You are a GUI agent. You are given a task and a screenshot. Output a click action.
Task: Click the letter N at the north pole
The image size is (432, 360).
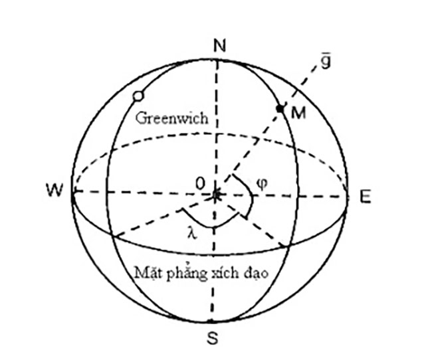pos(219,46)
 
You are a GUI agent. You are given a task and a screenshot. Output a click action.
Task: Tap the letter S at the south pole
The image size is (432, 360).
pos(213,337)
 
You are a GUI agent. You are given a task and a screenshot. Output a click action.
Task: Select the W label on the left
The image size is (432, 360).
pos(54,190)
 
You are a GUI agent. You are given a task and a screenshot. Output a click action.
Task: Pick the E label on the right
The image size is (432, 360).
pos(366,197)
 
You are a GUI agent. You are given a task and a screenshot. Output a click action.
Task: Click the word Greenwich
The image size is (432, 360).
pos(171,118)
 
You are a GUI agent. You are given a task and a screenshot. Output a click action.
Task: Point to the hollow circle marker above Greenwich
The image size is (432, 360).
pos(138,96)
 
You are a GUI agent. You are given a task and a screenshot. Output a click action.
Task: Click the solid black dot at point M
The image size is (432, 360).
pos(280,108)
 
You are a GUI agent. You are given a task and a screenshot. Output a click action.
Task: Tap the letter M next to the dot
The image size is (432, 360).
pos(298,113)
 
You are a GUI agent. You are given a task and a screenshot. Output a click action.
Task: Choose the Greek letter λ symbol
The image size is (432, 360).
pos(192,234)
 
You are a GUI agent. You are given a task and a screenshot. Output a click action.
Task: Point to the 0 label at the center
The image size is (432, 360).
pos(201,183)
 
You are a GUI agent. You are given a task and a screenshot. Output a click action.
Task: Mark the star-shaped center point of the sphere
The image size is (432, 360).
pos(216,195)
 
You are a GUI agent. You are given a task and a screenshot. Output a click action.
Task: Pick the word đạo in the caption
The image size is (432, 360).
pos(257,274)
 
